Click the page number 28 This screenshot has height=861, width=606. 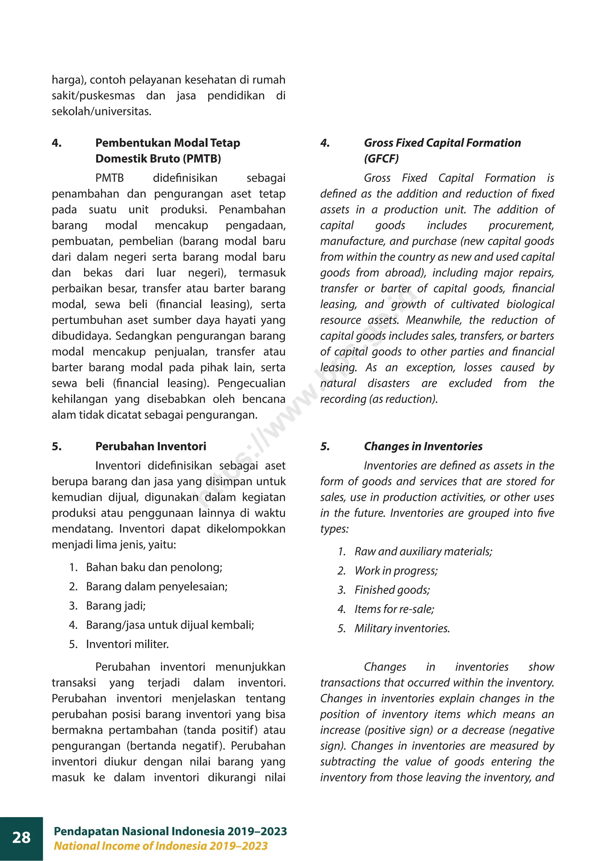tap(21, 837)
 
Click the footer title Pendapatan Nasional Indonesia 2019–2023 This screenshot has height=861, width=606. tap(170, 831)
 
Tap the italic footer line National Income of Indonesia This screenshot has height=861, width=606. tap(161, 846)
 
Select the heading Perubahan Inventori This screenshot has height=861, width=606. tap(150, 446)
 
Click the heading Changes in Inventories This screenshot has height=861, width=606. tap(423, 446)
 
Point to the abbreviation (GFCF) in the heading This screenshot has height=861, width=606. tap(381, 159)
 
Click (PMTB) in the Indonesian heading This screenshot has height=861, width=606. tap(202, 159)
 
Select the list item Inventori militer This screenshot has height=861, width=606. tap(127, 644)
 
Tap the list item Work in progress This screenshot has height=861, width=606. tap(396, 571)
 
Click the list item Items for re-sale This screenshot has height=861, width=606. tap(394, 609)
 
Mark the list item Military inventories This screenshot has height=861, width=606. tap(402, 628)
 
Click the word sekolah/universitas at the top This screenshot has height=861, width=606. tap(101, 111)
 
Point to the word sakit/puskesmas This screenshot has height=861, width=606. tap(93, 96)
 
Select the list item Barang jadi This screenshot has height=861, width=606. tap(115, 606)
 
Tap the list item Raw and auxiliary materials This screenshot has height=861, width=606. tap(423, 552)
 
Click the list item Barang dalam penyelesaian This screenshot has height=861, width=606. tap(157, 586)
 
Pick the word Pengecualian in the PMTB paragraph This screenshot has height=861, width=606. tap(251, 383)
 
